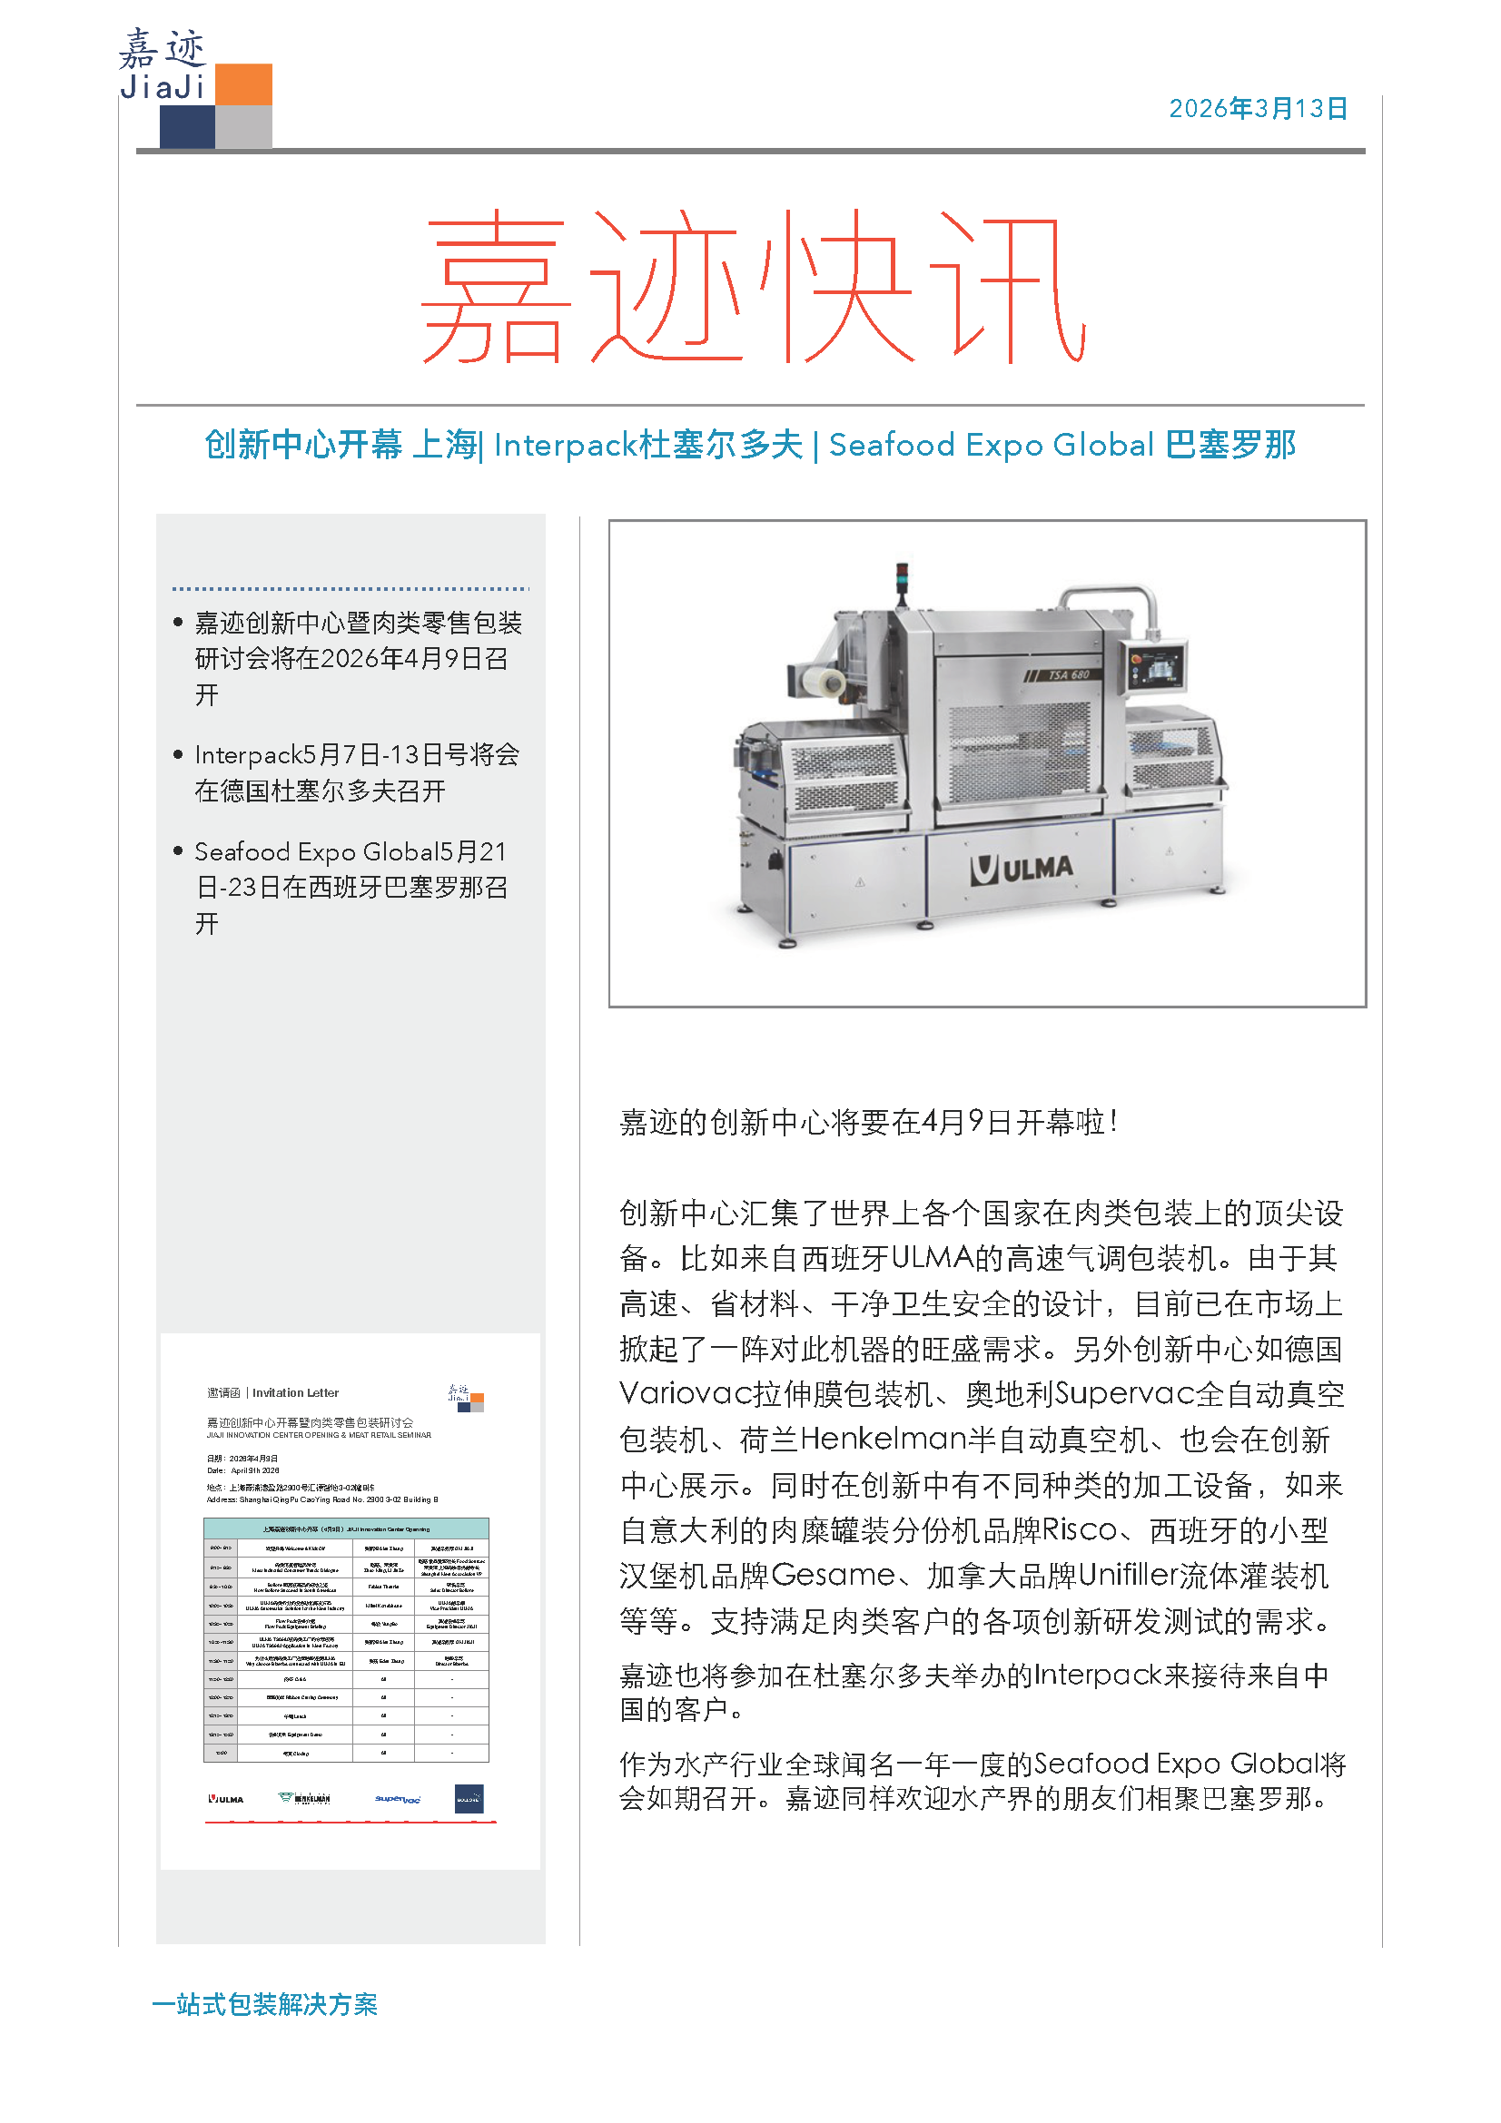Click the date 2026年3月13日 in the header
pyautogui.click(x=1257, y=109)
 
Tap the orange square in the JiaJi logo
pyautogui.click(x=243, y=84)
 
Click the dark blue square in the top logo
pyautogui.click(x=187, y=127)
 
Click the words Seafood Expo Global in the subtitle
pyautogui.click(x=991, y=445)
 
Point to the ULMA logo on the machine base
pyautogui.click(x=1022, y=870)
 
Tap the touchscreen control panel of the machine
pyautogui.click(x=1155, y=664)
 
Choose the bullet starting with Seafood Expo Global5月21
pyautogui.click(x=351, y=888)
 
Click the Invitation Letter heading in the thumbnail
pyautogui.click(x=295, y=1392)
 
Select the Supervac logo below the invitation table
pyautogui.click(x=398, y=1799)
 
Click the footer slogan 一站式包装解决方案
pyautogui.click(x=265, y=2005)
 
